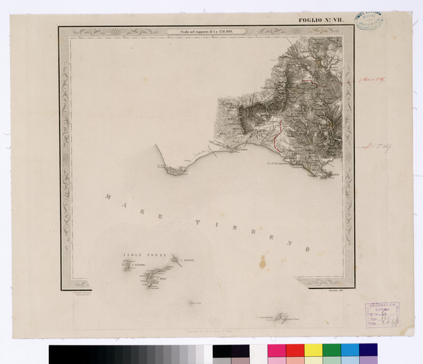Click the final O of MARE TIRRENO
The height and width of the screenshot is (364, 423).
pyautogui.click(x=307, y=249)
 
